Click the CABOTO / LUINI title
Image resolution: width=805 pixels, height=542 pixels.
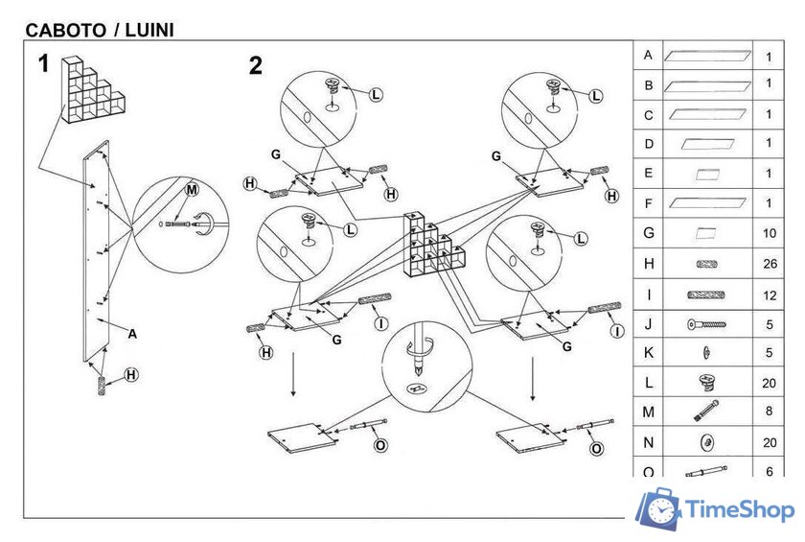pyautogui.click(x=100, y=30)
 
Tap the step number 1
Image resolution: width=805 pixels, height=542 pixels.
pyautogui.click(x=43, y=64)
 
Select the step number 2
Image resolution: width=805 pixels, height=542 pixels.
pyautogui.click(x=255, y=65)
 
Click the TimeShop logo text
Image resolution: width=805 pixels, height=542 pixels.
pyautogui.click(x=741, y=509)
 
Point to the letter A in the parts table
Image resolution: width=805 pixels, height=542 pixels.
pyautogui.click(x=649, y=56)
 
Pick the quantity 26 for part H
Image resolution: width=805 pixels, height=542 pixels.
pyautogui.click(x=770, y=264)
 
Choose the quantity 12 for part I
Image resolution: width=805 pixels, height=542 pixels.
pyautogui.click(x=770, y=295)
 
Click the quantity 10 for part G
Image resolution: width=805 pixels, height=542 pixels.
pyautogui.click(x=770, y=233)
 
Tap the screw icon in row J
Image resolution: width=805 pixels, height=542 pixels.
pyautogui.click(x=706, y=324)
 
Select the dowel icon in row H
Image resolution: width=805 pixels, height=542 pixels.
pyautogui.click(x=706, y=264)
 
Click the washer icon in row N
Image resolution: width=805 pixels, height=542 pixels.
pyautogui.click(x=706, y=442)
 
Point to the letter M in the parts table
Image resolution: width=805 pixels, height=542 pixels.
pyautogui.click(x=649, y=412)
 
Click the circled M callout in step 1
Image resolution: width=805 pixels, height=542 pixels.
pyautogui.click(x=191, y=191)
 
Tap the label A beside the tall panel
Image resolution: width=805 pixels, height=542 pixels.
pyautogui.click(x=132, y=334)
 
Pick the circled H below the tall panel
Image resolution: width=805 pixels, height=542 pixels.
pyautogui.click(x=132, y=374)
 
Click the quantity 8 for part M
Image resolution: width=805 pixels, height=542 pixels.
pyautogui.click(x=770, y=412)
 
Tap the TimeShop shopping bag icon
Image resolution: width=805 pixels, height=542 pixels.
pyautogui.click(x=658, y=509)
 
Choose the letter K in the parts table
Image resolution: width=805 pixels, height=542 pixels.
pyautogui.click(x=649, y=353)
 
